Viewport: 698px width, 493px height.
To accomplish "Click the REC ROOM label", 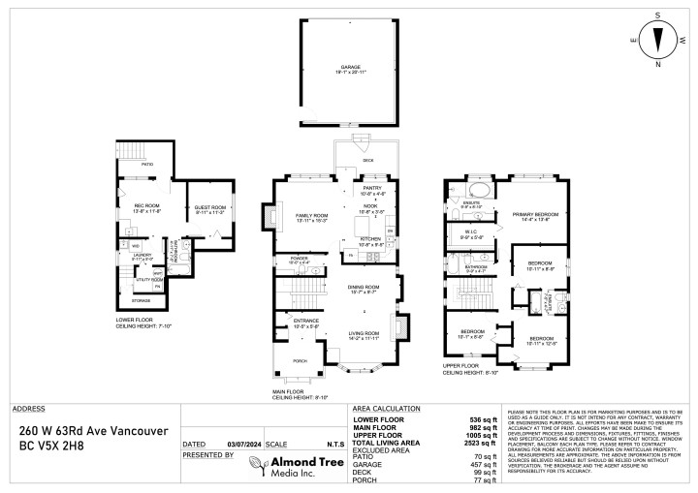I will coord(146,207).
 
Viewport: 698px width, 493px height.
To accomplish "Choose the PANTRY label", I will coord(373,188).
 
